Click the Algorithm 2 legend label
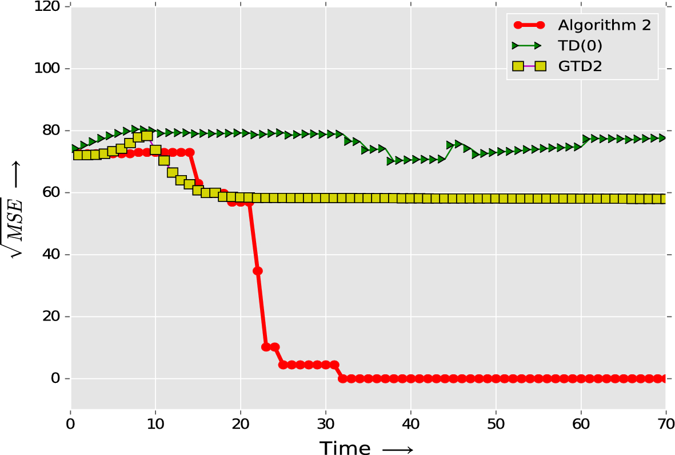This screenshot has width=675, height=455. (x=604, y=25)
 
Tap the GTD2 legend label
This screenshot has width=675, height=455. (x=580, y=66)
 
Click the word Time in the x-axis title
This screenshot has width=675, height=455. (x=345, y=448)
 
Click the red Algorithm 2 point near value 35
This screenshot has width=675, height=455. (x=258, y=271)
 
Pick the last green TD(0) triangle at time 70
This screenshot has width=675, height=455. (x=663, y=138)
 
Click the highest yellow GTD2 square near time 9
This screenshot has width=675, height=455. (x=147, y=136)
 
